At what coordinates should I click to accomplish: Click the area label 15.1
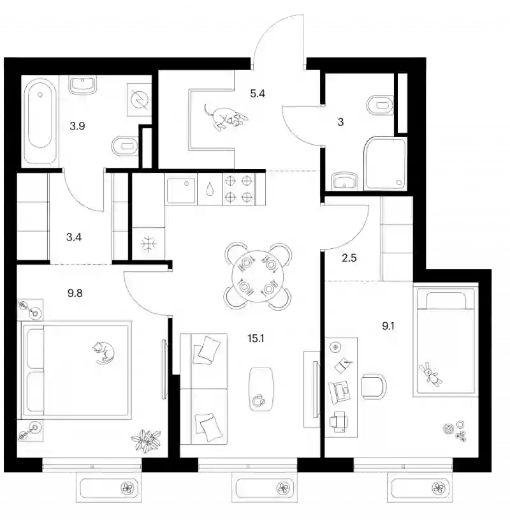coord(256,339)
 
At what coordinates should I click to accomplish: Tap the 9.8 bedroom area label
coord(75,293)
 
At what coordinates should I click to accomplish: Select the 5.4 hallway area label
coord(258,94)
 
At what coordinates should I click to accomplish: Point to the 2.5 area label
coord(349,258)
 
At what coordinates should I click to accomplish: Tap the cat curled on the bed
coord(103,353)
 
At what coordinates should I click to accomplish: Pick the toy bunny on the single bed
coord(430,374)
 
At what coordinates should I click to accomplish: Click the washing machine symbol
coord(139,100)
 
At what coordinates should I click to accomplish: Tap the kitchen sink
coord(181,190)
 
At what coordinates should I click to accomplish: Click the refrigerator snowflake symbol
coord(148,244)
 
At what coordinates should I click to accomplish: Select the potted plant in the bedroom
coord(146,440)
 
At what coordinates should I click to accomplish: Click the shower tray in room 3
coord(385,164)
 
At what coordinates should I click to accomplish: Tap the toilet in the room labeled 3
coord(381,105)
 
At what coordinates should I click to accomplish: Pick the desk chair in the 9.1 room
coord(374,387)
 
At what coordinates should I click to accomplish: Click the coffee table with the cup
coord(261,389)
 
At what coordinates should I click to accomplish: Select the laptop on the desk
coord(339,392)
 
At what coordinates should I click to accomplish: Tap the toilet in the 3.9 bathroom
coord(124,146)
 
